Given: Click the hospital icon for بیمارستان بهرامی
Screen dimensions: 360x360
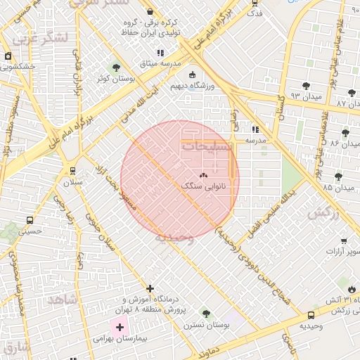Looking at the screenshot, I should click(119, 327).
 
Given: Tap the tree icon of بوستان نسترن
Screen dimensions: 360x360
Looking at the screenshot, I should click(205, 313).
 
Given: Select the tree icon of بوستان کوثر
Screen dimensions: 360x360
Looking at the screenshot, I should click(116, 67).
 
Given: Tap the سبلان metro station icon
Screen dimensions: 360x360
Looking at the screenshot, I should click(72, 170).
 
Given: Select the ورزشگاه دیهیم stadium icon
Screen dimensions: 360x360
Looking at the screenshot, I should click(192, 75).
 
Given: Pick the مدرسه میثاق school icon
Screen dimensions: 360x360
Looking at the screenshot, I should click(160, 53).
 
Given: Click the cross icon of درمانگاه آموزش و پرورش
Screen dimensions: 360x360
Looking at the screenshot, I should click(150, 288).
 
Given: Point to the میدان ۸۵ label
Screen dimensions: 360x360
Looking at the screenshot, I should click(318, 188).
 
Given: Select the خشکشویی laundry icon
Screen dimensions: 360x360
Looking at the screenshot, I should click(8, 56).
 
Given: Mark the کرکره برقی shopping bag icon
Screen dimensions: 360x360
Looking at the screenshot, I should click(150, 12).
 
